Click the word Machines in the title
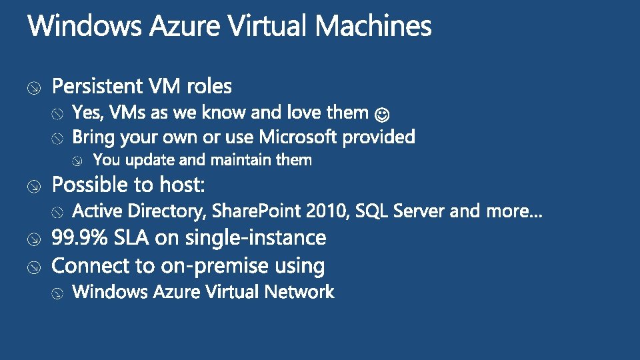click(x=373, y=27)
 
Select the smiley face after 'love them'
click(x=383, y=114)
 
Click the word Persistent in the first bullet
click(x=97, y=86)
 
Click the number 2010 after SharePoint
click(x=327, y=211)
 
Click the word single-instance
click(x=256, y=237)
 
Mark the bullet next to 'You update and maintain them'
click(x=79, y=161)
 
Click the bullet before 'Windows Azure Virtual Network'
click(x=58, y=293)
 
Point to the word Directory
click(x=167, y=212)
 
